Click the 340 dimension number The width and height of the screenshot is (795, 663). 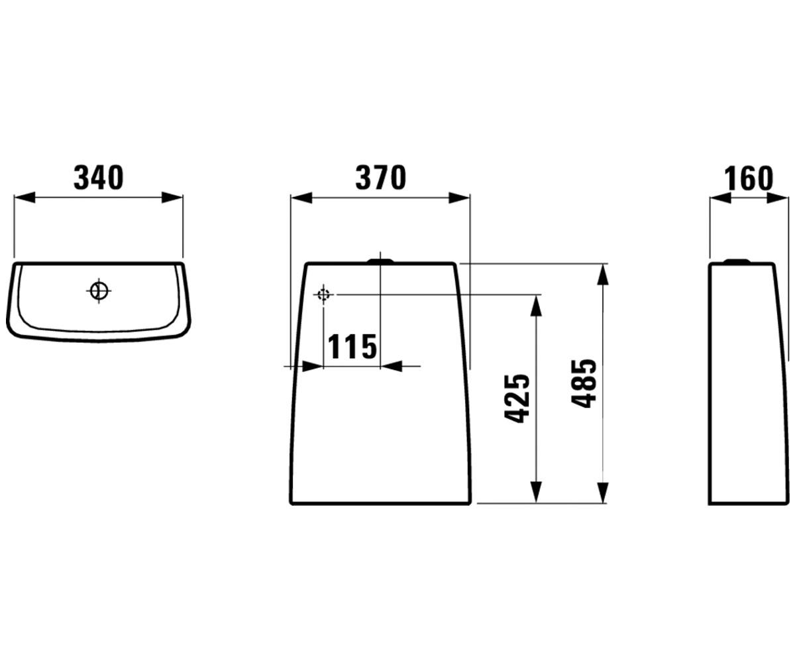pos(99,177)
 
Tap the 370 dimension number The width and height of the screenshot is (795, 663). pos(381,178)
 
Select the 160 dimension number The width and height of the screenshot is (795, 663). pos(749,178)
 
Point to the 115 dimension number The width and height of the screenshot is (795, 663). pos(352,346)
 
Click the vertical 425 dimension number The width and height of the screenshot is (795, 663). pos(517,398)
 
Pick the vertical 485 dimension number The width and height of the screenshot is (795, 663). pos(584,383)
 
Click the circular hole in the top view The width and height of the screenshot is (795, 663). pos(99,291)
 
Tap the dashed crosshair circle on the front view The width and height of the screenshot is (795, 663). pos(323,294)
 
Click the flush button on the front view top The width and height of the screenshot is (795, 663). pos(380,261)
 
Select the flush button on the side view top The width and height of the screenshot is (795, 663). pos(737,261)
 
